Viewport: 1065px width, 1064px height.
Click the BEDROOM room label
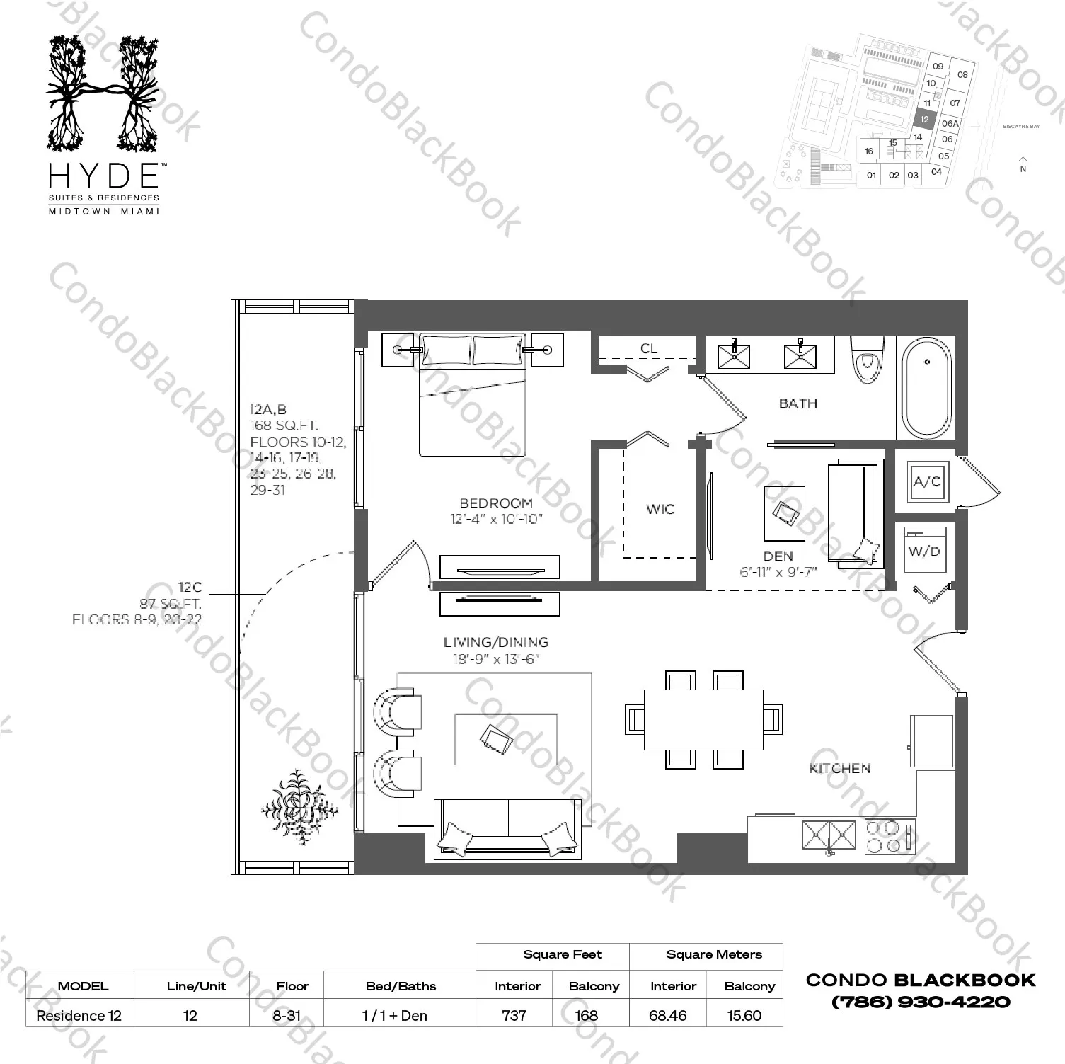[495, 503]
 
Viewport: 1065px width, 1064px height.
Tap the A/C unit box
[926, 482]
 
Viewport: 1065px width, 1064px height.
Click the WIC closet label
[660, 509]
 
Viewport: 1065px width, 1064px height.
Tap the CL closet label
[648, 348]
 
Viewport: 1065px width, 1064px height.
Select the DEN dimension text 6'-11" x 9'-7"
[778, 572]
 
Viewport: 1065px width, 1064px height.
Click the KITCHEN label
[839, 768]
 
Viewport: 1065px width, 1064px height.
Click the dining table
[703, 719]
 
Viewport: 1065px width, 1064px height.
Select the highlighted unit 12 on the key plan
[924, 120]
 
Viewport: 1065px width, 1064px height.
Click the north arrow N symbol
[1023, 164]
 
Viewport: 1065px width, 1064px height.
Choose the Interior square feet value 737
[514, 1015]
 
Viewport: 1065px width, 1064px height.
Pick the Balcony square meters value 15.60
[744, 1015]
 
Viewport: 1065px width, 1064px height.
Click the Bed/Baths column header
[401, 986]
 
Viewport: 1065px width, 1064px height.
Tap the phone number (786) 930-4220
[920, 1002]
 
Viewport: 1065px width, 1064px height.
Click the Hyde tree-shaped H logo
[103, 93]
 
